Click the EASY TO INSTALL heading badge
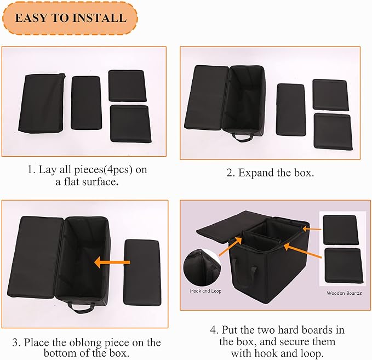(70, 18)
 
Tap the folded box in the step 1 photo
(42, 103)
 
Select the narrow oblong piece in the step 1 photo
(86, 102)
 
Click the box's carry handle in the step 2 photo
(242, 136)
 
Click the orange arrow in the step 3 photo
(111, 263)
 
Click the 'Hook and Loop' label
(205, 291)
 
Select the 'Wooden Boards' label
(344, 293)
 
